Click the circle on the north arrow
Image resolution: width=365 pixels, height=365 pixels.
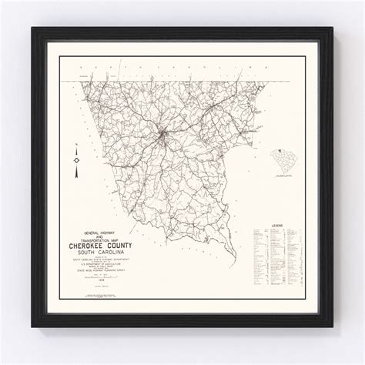tap(75, 159)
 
